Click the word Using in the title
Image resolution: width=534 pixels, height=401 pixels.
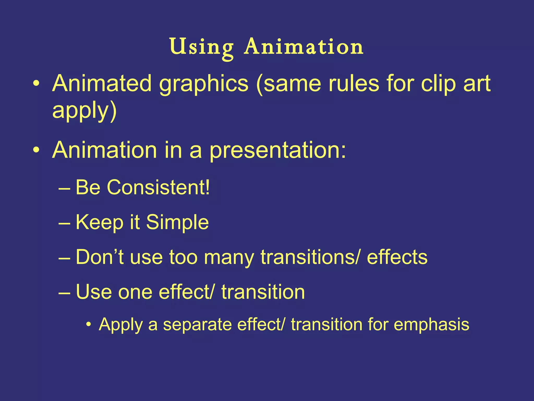click(201, 47)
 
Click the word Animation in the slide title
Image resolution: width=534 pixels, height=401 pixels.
click(303, 47)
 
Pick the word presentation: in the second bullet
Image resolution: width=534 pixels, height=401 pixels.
click(278, 150)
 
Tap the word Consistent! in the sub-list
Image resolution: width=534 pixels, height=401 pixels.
click(158, 187)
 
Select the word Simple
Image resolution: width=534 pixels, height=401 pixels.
click(177, 222)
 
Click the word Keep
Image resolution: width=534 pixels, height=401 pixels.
click(99, 222)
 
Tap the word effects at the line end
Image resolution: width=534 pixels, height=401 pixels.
click(397, 257)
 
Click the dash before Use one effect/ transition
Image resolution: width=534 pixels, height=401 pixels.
click(64, 293)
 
